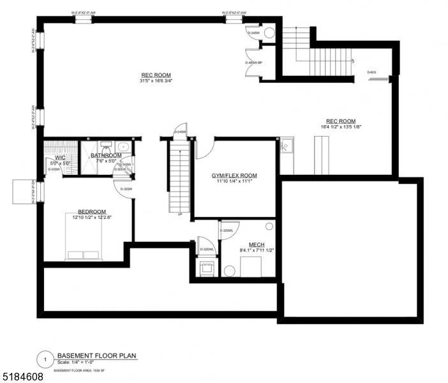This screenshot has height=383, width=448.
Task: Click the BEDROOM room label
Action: tap(92, 211)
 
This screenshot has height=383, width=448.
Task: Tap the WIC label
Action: tap(60, 157)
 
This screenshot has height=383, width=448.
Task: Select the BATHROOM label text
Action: tap(106, 155)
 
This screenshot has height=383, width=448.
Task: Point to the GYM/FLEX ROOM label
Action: tap(234, 175)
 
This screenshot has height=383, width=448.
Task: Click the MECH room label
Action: tap(248, 244)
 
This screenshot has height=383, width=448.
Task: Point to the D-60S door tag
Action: tap(372, 72)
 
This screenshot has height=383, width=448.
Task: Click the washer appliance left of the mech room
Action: tap(206, 267)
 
